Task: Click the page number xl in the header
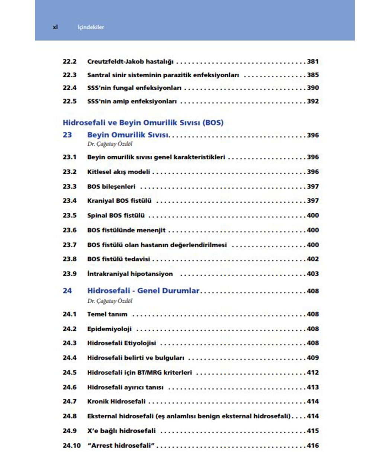(x=55, y=27)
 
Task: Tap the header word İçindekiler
(x=91, y=27)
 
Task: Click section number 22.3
(x=70, y=75)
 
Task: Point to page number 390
(x=313, y=88)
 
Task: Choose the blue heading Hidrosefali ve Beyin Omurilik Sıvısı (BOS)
(x=143, y=122)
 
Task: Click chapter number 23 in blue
(x=67, y=135)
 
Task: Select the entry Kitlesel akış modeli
(x=119, y=172)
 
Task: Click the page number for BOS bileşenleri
(x=313, y=186)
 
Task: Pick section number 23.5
(x=70, y=215)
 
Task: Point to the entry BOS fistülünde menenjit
(x=126, y=230)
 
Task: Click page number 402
(x=313, y=259)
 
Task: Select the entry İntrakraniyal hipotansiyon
(x=130, y=274)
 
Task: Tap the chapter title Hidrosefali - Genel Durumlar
(x=143, y=290)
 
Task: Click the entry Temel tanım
(x=107, y=314)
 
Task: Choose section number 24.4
(x=70, y=358)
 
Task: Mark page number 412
(x=313, y=372)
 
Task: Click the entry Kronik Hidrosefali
(x=116, y=401)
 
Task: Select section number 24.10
(x=71, y=446)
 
